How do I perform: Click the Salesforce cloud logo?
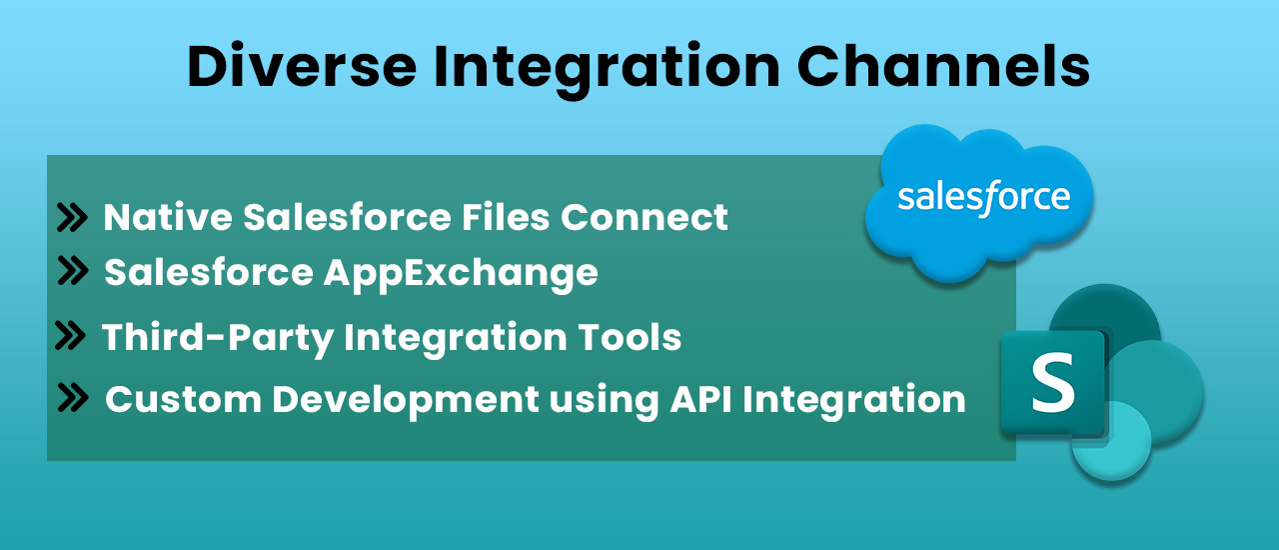point(979,200)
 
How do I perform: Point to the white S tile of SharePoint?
point(1052,384)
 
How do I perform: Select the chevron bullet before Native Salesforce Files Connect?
point(72,217)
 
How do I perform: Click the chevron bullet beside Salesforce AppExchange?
point(73,271)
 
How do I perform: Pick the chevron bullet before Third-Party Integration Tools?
point(70,336)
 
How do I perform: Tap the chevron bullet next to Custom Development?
point(73,398)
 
